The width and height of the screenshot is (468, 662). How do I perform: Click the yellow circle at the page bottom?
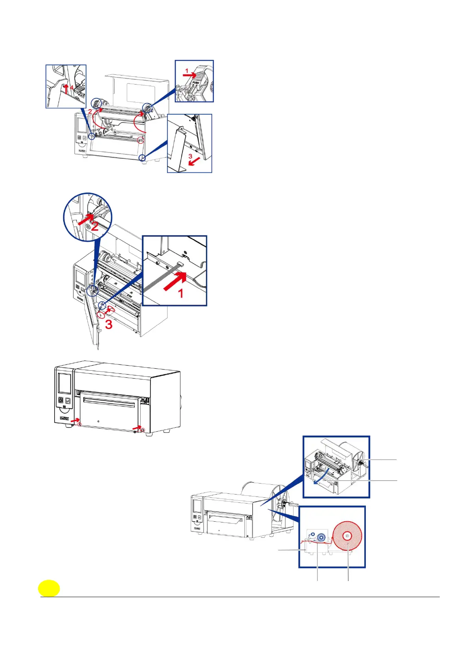[x=49, y=588]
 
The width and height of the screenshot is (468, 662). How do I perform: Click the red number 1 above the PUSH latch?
[x=187, y=71]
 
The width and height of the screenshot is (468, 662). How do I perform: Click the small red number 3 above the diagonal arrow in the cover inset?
[x=190, y=156]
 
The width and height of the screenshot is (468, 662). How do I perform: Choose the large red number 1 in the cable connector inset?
[x=181, y=293]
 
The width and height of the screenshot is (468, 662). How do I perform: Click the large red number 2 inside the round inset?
[x=95, y=227]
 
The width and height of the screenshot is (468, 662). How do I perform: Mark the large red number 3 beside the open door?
[x=108, y=325]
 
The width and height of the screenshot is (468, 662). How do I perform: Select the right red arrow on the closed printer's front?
[x=137, y=427]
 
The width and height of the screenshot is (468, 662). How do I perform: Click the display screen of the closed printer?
[x=64, y=383]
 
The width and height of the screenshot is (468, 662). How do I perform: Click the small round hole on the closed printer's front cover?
[x=98, y=421]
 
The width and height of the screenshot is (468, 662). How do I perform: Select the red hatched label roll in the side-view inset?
[x=347, y=536]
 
